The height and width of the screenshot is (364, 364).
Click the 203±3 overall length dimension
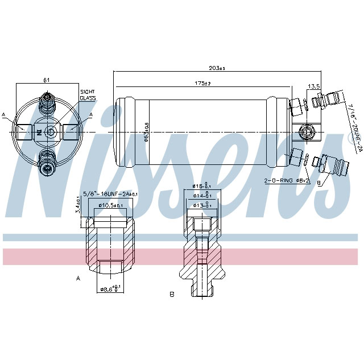[217, 68]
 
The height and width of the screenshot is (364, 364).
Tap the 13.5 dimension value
[314, 87]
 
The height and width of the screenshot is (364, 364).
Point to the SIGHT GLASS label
[88, 95]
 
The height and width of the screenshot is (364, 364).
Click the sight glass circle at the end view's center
[50, 132]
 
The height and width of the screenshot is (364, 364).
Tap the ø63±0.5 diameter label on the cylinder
[146, 133]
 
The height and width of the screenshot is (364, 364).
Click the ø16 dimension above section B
[199, 186]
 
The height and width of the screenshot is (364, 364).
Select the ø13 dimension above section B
[199, 205]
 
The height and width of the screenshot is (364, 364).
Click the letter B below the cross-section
[171, 294]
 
